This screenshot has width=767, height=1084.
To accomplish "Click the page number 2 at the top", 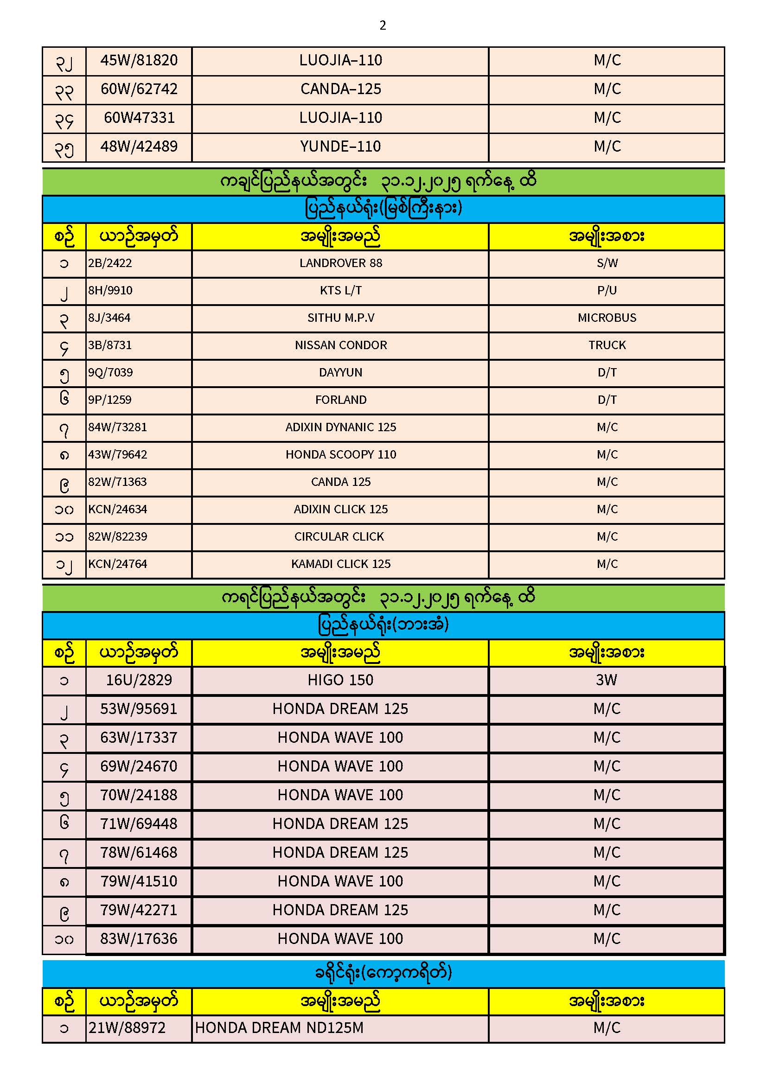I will (x=383, y=26).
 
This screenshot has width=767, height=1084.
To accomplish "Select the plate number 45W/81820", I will (x=139, y=60).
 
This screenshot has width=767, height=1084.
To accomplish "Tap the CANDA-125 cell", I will (x=340, y=89).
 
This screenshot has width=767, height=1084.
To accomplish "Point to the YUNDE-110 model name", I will (x=340, y=147).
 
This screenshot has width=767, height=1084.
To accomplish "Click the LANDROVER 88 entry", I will (x=340, y=263).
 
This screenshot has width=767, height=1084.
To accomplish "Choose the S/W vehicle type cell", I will (x=607, y=263).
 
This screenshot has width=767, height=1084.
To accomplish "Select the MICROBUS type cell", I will (x=607, y=318).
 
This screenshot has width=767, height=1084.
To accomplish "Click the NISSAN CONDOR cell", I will (x=340, y=345).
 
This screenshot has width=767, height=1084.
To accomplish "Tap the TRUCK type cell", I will (x=607, y=345).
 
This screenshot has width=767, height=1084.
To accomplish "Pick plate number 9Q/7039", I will (x=110, y=372).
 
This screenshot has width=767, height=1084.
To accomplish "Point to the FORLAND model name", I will (x=340, y=400).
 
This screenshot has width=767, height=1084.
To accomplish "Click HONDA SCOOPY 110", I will (x=340, y=455).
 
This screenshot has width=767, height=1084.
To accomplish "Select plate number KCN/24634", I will (x=118, y=510).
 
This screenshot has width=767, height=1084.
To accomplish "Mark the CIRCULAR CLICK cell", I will (x=339, y=537).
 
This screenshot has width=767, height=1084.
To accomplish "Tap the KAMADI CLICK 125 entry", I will (x=340, y=564).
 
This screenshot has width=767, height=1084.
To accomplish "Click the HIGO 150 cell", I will (x=340, y=680).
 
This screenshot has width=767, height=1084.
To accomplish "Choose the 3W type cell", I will (x=607, y=680).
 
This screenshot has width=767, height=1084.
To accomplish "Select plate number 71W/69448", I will (x=139, y=824).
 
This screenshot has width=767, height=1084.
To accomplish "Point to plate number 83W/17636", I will (x=139, y=938).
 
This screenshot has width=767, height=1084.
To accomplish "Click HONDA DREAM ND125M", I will (x=279, y=1028).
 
